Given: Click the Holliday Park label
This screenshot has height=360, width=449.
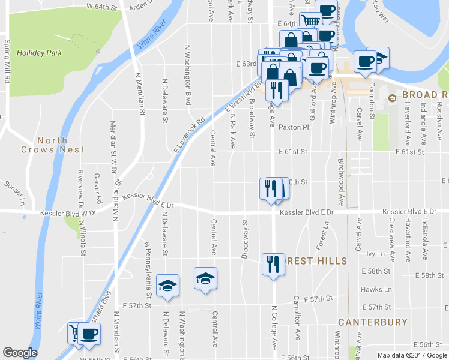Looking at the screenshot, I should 40,53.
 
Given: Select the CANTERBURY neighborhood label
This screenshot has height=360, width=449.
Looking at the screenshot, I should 373,322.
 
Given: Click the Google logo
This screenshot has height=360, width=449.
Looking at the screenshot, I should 20,353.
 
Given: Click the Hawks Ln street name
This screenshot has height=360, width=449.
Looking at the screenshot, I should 376,289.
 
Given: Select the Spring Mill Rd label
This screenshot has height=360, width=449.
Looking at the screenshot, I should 7,58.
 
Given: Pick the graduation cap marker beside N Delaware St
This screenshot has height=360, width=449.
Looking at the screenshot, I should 167,285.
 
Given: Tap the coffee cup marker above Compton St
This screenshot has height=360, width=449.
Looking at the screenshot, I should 365,61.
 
